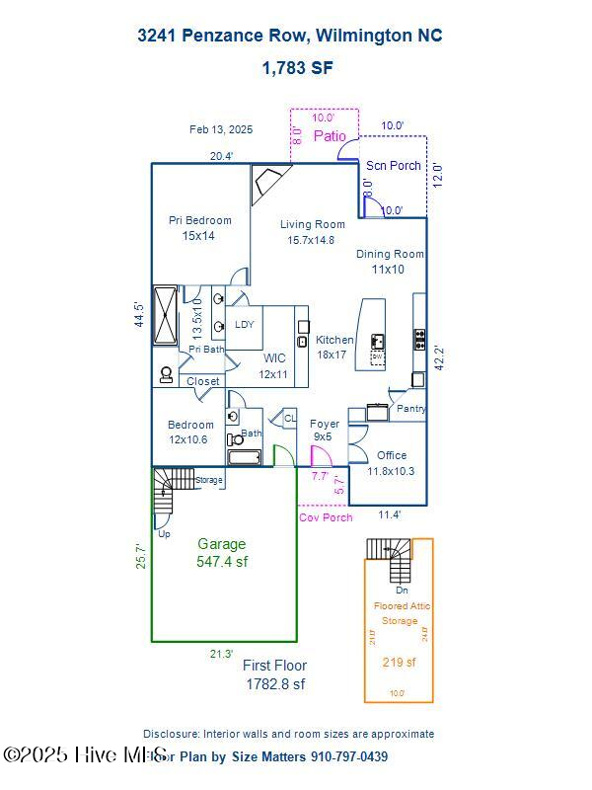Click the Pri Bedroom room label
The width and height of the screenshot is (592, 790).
pos(199,228)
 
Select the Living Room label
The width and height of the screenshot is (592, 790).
pos(312,231)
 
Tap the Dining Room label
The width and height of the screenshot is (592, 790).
pos(390,261)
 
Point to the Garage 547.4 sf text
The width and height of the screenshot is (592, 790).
pos(222,553)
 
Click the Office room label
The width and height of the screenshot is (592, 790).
pos(391,463)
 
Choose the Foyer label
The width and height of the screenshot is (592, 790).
pos(325,430)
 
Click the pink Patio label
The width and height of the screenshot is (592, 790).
pos(330,136)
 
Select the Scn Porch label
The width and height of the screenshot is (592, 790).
pos(393,166)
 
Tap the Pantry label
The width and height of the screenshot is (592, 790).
pos(410,408)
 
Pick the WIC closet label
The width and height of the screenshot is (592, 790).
pos(274,365)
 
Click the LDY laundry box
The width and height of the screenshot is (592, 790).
pos(244,324)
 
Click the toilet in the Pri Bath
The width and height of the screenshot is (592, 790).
pos(166,375)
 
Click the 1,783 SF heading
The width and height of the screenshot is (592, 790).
pos(297,68)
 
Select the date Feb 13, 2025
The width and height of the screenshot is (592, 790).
pos(221,129)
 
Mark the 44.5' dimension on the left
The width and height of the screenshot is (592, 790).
pos(140,314)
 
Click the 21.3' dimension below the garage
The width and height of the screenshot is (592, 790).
pos(221,654)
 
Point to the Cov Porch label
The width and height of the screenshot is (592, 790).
pos(325,516)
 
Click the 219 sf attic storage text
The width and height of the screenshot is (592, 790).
pos(399,663)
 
